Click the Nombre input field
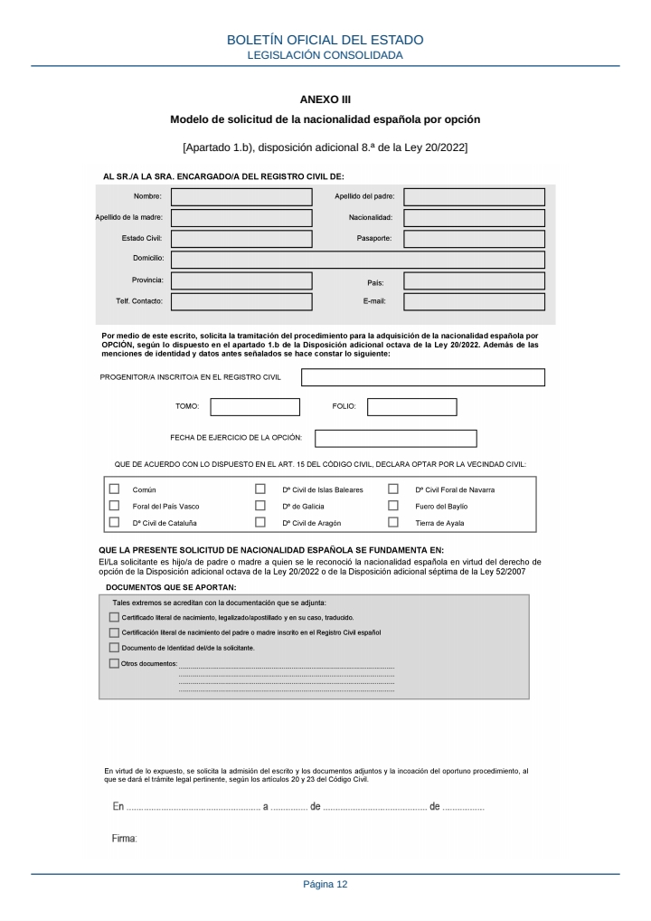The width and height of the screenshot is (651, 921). click(241, 196)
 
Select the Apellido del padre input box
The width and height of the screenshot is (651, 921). click(474, 196)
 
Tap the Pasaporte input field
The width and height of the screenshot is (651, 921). click(474, 239)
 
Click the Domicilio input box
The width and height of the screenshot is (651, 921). click(358, 260)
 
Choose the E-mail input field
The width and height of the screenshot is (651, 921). click(474, 302)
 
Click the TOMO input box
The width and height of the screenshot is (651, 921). click(255, 407)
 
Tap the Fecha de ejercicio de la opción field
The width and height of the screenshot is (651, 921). click(395, 439)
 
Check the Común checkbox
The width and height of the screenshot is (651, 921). click(114, 489)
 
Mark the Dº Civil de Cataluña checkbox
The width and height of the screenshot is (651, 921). click(114, 522)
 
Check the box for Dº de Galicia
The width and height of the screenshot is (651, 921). click(260, 506)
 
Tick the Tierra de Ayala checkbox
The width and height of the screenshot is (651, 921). click(393, 522)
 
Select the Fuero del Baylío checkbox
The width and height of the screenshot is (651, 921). click(393, 506)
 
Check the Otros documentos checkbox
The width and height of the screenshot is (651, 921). click(114, 663)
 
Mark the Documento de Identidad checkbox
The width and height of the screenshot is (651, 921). click(114, 648)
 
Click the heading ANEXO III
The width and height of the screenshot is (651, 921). click(325, 98)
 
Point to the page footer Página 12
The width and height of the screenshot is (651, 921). click(325, 884)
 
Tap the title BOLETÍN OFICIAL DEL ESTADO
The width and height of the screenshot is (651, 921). click(325, 41)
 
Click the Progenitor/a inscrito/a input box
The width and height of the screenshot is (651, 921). click(422, 377)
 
